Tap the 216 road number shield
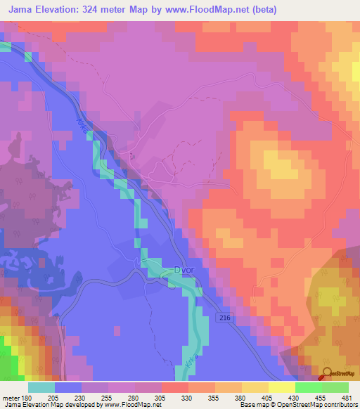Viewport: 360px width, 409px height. pyautogui.click(x=224, y=318)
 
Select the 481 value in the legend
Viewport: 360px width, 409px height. pyautogui.click(x=347, y=397)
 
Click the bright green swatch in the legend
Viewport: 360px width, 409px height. pyautogui.click(x=335, y=387)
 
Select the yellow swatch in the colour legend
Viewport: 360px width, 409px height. pyautogui.click(x=282, y=387)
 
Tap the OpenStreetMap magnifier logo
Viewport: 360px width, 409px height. pyautogui.click(x=326, y=373)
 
